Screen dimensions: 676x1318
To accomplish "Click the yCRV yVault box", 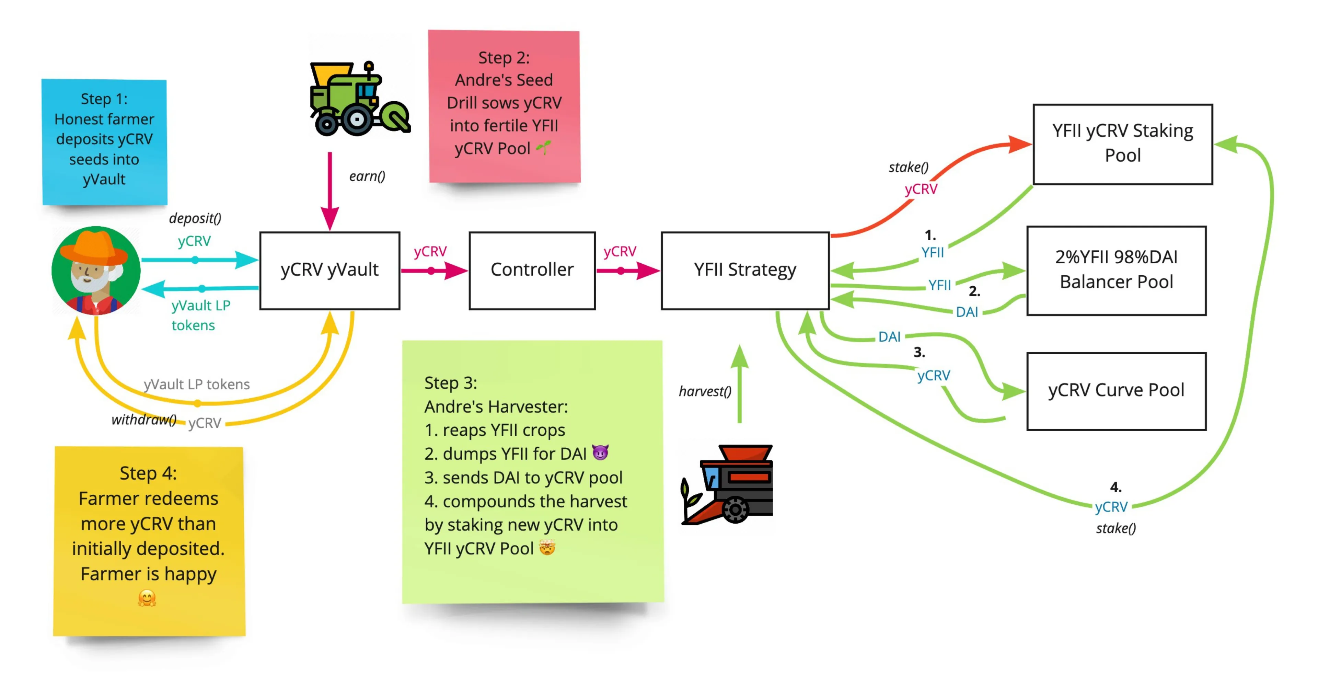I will [329, 270].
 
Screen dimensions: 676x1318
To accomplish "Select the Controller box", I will [532, 270].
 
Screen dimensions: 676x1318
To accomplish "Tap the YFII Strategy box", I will [744, 270].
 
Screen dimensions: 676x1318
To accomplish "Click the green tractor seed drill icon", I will [358, 100].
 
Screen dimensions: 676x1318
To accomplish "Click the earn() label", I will [367, 176].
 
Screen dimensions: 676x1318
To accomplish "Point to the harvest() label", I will [705, 391].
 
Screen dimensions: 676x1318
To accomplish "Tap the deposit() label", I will [195, 218].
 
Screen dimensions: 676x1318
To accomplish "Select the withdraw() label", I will [144, 420].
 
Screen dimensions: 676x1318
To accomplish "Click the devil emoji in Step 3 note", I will [600, 453].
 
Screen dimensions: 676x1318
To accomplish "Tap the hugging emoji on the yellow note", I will [147, 598].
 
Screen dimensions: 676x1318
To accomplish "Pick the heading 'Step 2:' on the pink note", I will [504, 58].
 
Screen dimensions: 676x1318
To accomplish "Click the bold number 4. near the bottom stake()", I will [1115, 487].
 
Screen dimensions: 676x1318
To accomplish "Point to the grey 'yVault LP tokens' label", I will [196, 384].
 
